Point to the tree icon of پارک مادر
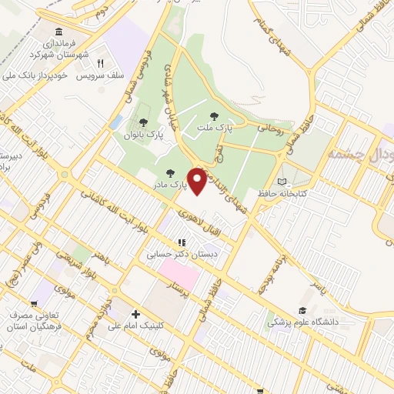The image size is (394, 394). pos(169,173)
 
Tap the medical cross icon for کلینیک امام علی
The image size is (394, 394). pos(135,314)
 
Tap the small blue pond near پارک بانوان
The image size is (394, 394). pos(115,122)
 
